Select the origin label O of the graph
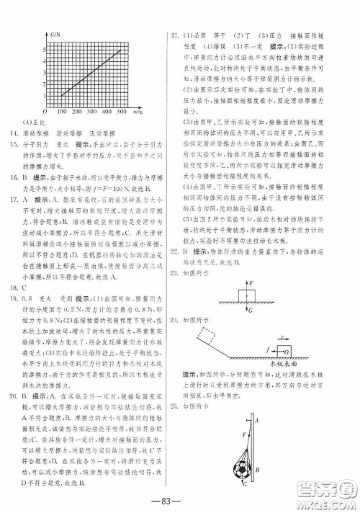(45, 113)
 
